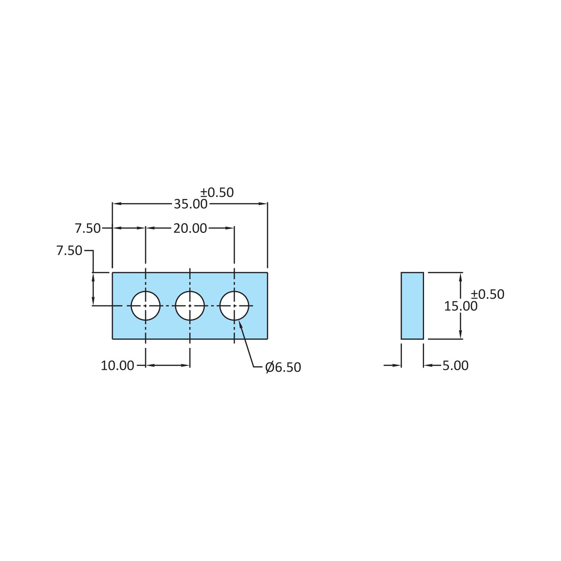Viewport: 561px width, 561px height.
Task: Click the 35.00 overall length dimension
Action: [x=190, y=204]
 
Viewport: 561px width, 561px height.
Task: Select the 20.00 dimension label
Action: [x=190, y=228]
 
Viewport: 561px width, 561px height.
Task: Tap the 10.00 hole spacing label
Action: [x=117, y=366]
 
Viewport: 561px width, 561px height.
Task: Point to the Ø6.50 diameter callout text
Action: [x=283, y=367]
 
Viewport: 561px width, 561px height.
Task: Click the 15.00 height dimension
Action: [x=461, y=306]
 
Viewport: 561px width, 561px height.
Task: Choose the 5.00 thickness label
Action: [x=455, y=366]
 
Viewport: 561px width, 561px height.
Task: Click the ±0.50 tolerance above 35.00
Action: [x=217, y=192]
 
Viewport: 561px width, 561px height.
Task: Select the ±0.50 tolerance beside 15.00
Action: [x=487, y=294]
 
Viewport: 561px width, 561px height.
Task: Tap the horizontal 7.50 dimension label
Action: [x=88, y=228]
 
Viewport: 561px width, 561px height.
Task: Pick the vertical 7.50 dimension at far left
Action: [x=69, y=250]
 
